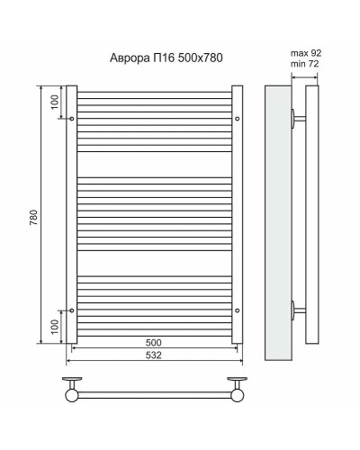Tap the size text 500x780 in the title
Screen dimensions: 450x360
pyautogui.click(x=201, y=58)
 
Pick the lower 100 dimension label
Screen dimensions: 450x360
pyautogui.click(x=54, y=327)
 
